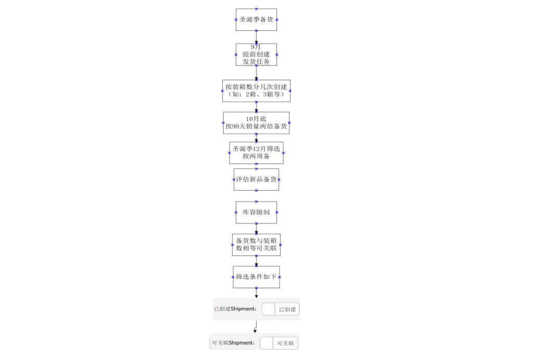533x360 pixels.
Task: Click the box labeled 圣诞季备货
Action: (x=256, y=20)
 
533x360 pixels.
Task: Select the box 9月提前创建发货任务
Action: (x=256, y=54)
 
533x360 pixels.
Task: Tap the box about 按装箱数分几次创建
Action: (x=256, y=91)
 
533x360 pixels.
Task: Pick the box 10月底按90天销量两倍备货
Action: (x=256, y=123)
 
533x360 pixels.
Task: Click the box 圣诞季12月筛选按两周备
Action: (x=256, y=153)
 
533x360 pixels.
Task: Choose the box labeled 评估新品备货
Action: (x=256, y=180)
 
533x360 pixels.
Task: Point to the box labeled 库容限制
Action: (x=256, y=213)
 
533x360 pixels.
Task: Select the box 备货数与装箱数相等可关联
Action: (x=256, y=245)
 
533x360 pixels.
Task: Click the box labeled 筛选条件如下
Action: (x=256, y=277)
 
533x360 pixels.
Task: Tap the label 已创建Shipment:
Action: (x=235, y=309)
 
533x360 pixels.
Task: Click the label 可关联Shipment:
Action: (x=233, y=343)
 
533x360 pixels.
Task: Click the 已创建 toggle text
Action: (x=287, y=309)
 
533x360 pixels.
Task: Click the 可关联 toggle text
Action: (x=286, y=343)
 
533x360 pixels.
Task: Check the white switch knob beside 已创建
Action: (x=268, y=309)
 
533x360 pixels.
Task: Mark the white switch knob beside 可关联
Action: (x=266, y=343)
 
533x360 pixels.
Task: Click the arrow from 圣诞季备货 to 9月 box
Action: (x=256, y=37)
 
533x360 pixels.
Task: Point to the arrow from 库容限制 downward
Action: (x=256, y=229)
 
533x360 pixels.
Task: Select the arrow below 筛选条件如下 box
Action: (x=256, y=293)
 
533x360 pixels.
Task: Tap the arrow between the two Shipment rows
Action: (x=256, y=327)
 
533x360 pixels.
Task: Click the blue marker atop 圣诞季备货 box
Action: (x=256, y=9)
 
